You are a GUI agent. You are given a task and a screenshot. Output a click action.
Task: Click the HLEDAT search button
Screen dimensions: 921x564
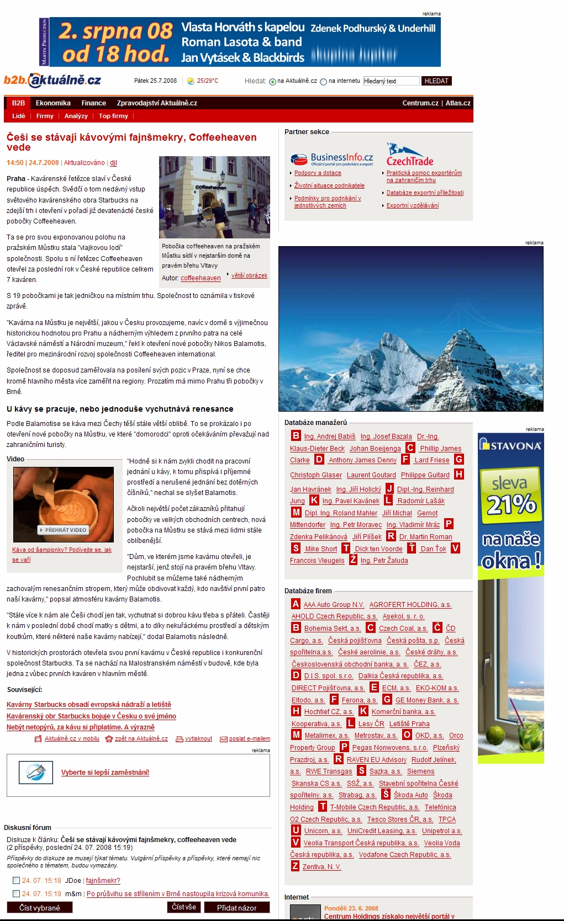pos(436,81)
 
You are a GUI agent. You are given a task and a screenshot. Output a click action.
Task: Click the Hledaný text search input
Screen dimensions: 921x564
pos(391,81)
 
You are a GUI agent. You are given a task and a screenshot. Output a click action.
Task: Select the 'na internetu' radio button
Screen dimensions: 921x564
pos(324,82)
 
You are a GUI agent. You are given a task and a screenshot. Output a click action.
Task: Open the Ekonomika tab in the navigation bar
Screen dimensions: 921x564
pos(53,103)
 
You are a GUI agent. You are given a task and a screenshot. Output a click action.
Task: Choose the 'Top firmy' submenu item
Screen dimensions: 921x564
pos(113,116)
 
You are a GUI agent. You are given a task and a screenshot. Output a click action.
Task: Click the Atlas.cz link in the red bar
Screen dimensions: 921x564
pos(458,103)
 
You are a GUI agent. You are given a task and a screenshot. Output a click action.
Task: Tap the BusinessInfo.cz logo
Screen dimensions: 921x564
pos(332,159)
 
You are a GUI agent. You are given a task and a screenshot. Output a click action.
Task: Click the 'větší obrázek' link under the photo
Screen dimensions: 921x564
pos(249,275)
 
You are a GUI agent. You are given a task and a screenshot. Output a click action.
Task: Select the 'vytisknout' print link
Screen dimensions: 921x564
pos(198,738)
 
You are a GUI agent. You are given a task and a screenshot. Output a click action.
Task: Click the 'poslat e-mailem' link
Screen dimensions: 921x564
pos(249,738)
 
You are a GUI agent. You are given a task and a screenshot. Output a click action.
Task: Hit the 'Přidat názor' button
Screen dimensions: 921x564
pos(236,908)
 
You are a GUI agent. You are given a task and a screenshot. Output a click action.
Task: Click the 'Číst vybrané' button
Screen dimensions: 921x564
pos(39,908)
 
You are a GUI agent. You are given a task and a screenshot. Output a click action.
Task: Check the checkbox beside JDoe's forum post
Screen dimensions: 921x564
pos(16,881)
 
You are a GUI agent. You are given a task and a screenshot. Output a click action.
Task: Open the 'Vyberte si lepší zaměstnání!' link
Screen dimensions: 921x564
pos(105,773)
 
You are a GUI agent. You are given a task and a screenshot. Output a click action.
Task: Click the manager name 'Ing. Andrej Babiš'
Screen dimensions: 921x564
pos(330,436)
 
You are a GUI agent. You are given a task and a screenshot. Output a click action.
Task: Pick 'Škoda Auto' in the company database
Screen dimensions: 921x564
pos(410,795)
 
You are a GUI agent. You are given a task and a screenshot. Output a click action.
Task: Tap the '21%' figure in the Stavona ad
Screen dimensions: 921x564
pos(511,504)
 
